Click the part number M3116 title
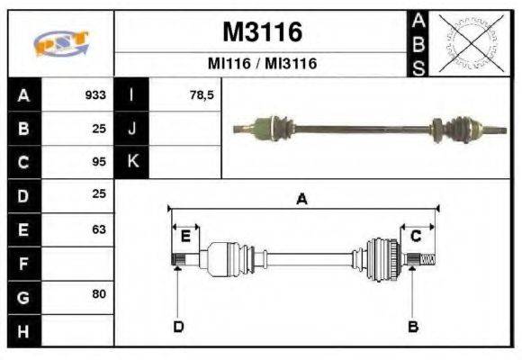point(261,33)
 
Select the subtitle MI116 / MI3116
point(262,65)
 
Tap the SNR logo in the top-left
point(60,43)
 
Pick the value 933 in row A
point(95,94)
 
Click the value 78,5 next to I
point(202,94)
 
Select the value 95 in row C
point(99,162)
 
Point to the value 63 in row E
point(99,229)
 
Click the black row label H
point(24,330)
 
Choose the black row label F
point(24,263)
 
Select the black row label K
point(132,162)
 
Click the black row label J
point(132,128)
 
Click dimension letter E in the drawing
point(185,237)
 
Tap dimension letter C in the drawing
point(416,237)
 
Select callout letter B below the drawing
point(413,326)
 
